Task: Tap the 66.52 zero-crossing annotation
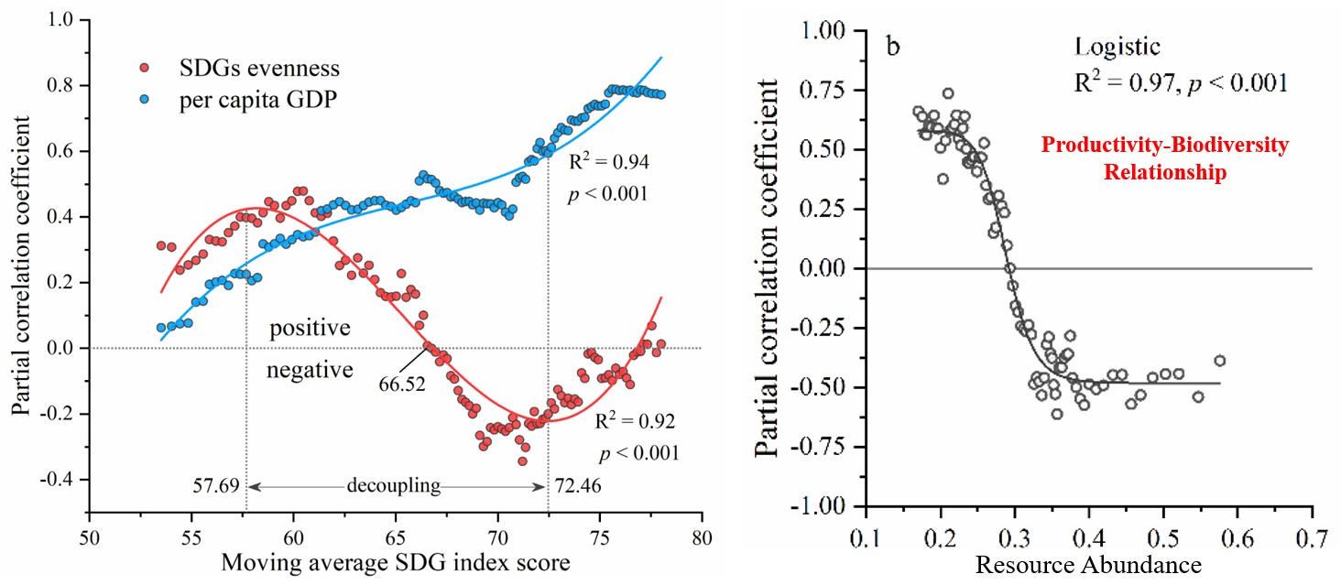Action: [x=402, y=383]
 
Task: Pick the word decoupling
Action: [x=394, y=487]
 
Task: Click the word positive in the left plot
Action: [x=310, y=327]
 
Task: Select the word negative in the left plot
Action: [x=310, y=370]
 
